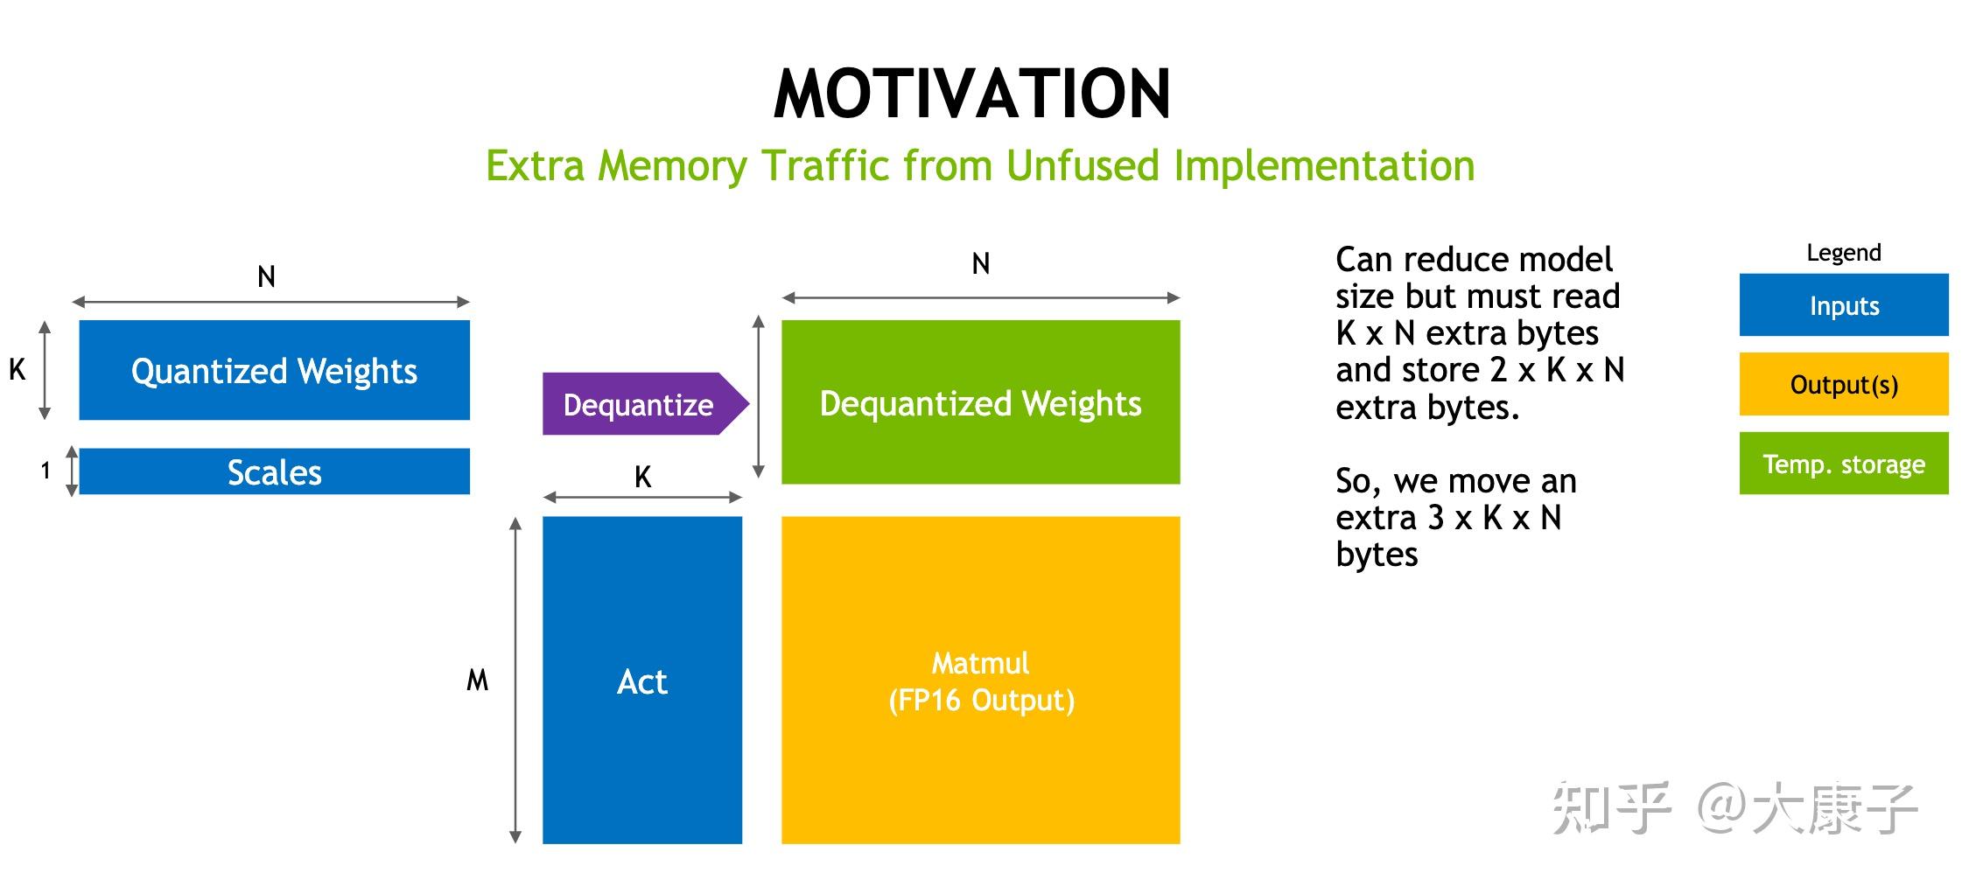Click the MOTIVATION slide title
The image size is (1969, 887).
(x=972, y=94)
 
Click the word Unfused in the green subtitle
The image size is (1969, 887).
(x=1082, y=165)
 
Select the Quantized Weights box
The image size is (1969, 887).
(x=274, y=370)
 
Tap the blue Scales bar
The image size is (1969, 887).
(x=274, y=471)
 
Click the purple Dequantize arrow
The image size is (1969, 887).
(x=646, y=404)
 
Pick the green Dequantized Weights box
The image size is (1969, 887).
(x=980, y=402)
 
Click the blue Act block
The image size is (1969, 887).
(x=642, y=680)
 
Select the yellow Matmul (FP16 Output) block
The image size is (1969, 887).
(x=980, y=680)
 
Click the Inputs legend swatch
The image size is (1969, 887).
(x=1844, y=305)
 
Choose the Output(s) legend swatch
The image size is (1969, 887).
(x=1844, y=384)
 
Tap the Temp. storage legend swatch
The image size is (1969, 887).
(x=1844, y=464)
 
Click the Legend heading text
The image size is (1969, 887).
(x=1844, y=253)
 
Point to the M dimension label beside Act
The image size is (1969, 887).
(x=477, y=680)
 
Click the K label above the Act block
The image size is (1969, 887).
(x=642, y=477)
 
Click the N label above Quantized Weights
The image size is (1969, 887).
(x=266, y=276)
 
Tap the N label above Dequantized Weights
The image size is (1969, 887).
(x=981, y=263)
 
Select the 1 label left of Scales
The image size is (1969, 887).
(x=46, y=471)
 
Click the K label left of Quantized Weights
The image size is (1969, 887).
(x=17, y=370)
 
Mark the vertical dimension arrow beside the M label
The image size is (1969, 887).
(x=515, y=680)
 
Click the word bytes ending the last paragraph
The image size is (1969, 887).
(x=1377, y=555)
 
